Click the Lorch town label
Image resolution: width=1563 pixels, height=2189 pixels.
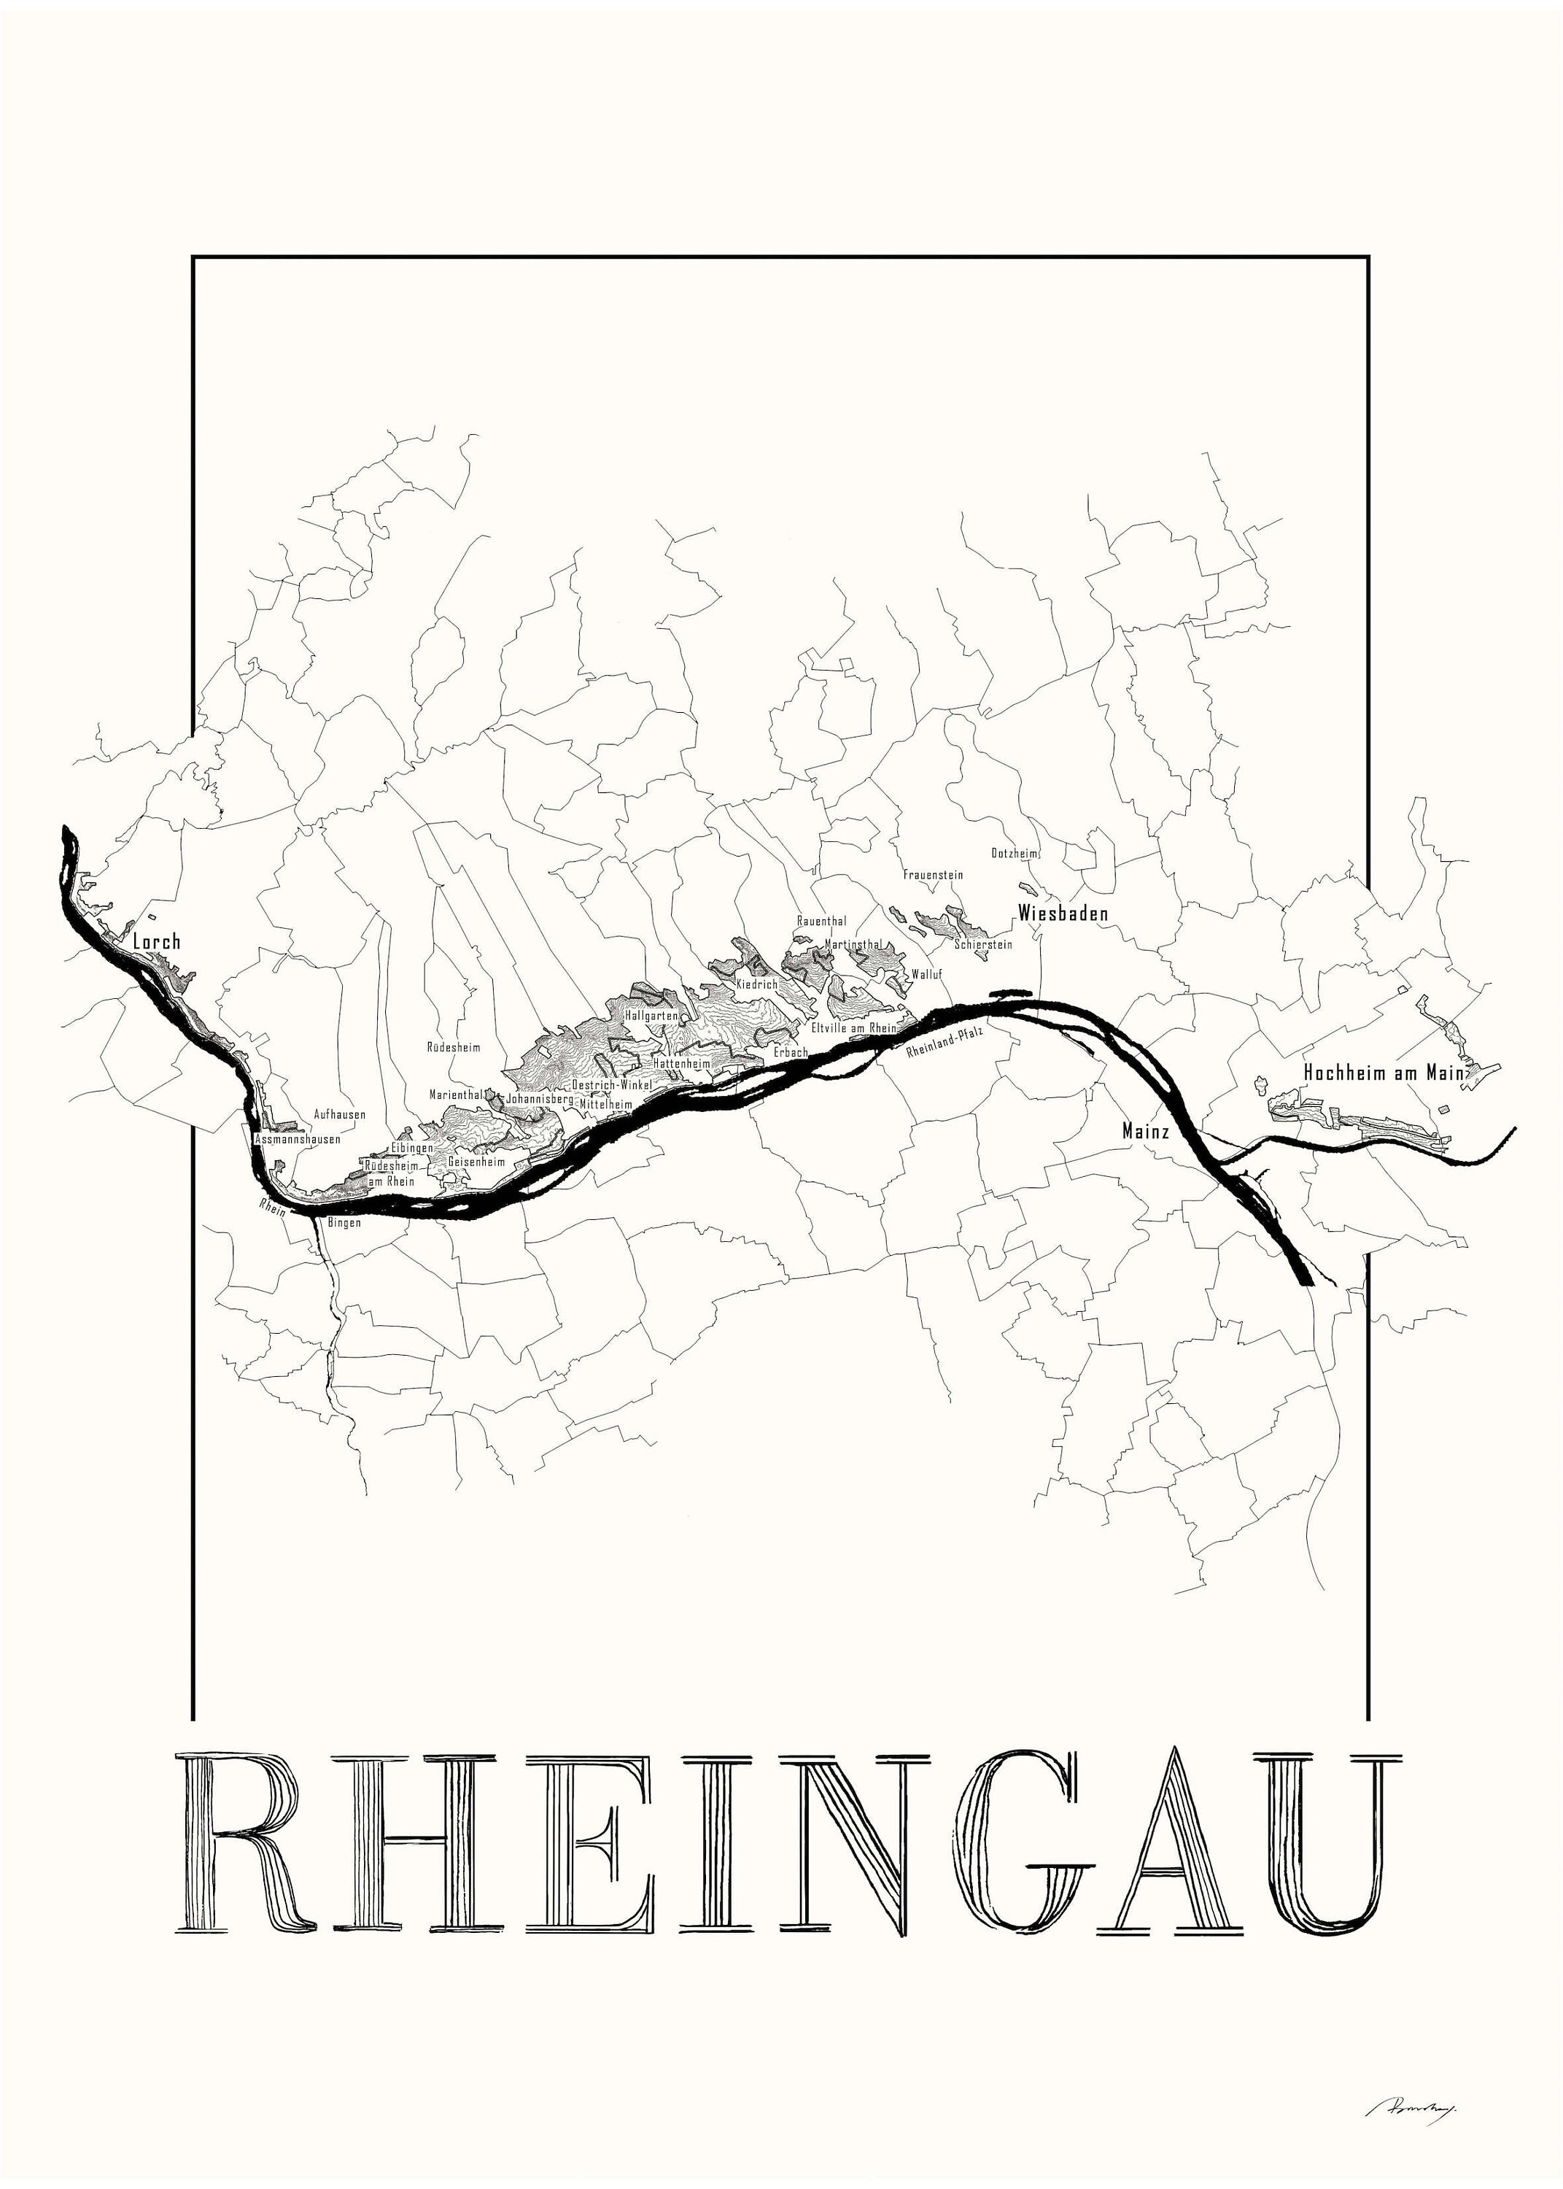(157, 941)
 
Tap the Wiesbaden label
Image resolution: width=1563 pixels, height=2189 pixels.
(1063, 913)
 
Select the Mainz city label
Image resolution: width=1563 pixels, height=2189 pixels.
(1145, 1131)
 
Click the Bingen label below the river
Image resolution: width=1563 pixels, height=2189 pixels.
(344, 1222)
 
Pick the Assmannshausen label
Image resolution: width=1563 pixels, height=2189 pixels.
(298, 1139)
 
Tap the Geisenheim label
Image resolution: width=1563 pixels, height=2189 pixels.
(476, 1162)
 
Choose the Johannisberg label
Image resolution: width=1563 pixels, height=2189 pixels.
(540, 1097)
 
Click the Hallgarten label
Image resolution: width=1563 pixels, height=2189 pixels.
(651, 1016)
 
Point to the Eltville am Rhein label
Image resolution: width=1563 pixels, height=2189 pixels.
(853, 1028)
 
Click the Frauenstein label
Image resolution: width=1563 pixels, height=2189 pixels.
(933, 875)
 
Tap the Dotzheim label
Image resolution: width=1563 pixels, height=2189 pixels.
(1015, 853)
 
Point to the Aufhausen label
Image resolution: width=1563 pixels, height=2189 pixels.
(340, 1115)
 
